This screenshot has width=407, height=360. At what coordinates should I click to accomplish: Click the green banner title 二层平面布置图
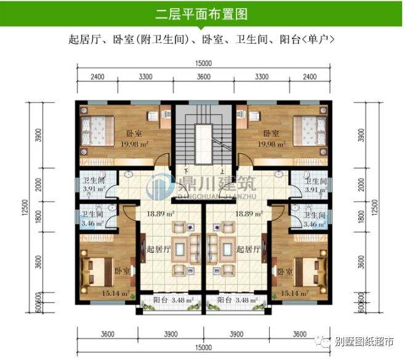[203, 14]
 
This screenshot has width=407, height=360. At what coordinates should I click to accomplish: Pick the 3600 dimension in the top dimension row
[203, 78]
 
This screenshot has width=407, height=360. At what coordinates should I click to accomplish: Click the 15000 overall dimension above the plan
[203, 63]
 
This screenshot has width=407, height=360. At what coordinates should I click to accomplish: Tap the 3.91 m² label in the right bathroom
[315, 190]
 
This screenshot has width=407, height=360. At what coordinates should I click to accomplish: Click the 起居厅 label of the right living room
[248, 249]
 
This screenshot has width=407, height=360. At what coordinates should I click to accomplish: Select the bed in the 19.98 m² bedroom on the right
[308, 128]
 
